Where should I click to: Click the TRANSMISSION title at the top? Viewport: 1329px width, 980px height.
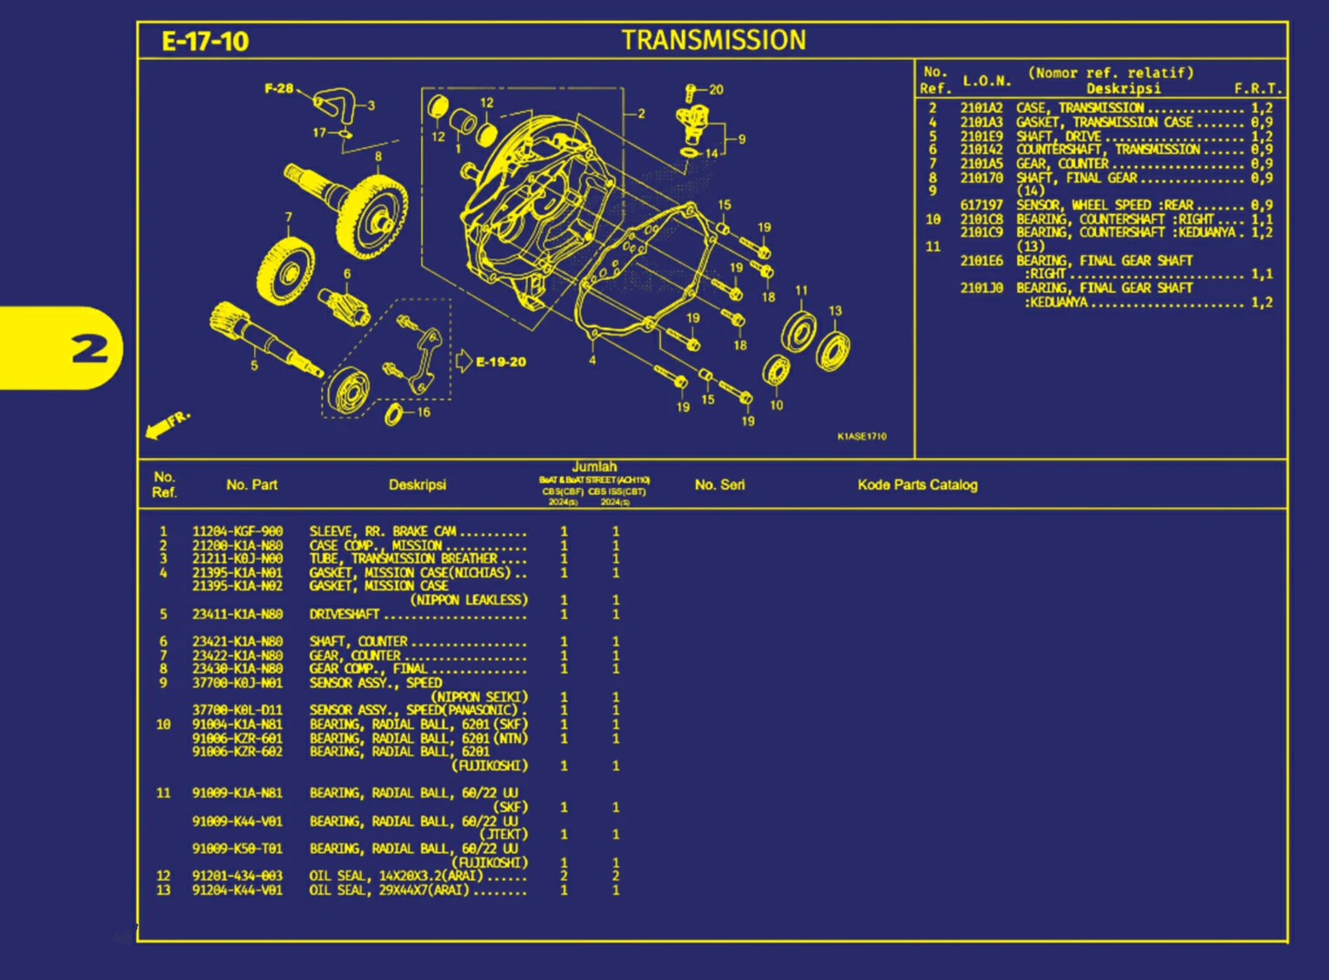click(713, 40)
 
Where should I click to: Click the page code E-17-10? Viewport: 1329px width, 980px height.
click(205, 41)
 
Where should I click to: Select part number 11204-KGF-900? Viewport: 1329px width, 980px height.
click(237, 531)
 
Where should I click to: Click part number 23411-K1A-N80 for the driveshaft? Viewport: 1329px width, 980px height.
click(237, 614)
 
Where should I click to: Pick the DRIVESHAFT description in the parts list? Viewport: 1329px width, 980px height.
click(344, 614)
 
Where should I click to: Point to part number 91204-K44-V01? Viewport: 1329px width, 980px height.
click(237, 890)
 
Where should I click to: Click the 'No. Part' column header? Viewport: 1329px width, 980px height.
click(251, 485)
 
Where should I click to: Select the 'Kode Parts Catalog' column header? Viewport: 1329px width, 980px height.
click(917, 485)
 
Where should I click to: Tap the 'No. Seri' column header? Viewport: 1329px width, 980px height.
click(719, 485)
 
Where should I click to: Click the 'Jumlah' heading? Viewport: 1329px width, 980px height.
click(594, 467)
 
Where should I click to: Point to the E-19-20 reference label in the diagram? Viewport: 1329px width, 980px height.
click(500, 362)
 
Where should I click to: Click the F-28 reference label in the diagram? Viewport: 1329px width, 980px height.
click(278, 89)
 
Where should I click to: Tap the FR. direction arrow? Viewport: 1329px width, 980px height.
click(166, 424)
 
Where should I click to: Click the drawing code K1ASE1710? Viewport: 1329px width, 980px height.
click(861, 437)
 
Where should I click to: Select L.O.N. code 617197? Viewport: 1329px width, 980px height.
click(981, 205)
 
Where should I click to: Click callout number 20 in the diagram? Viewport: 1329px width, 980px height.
click(716, 90)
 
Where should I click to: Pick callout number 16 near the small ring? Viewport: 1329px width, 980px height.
click(424, 412)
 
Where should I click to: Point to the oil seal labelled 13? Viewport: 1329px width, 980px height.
click(833, 350)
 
